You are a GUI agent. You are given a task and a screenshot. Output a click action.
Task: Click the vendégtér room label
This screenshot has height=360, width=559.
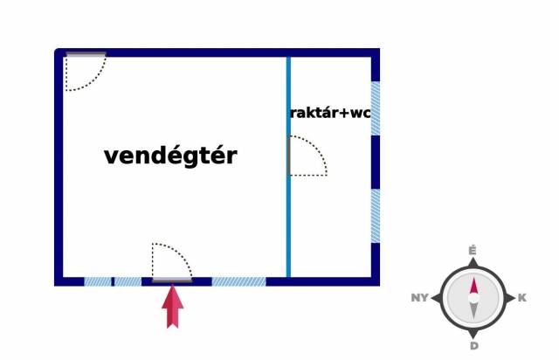click(x=170, y=156)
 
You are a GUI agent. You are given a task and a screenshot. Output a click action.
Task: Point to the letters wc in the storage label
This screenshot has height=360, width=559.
click(x=361, y=113)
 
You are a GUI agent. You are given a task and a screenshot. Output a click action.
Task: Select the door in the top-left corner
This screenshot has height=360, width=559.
click(x=85, y=70)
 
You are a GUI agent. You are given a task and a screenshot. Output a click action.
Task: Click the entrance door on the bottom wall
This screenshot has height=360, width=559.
click(x=171, y=263)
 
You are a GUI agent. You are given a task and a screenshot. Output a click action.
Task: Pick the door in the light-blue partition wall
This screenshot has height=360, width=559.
click(x=307, y=156)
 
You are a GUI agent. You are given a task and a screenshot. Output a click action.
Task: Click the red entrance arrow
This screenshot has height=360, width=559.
click(x=174, y=305)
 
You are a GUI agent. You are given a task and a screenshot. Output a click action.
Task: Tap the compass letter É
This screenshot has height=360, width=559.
click(x=473, y=251)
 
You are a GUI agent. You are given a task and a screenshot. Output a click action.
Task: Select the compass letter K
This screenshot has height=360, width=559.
click(x=522, y=298)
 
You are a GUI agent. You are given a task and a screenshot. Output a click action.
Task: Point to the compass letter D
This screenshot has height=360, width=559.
click(x=473, y=346)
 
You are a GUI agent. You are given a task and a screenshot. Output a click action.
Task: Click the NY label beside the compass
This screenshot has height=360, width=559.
click(x=419, y=298)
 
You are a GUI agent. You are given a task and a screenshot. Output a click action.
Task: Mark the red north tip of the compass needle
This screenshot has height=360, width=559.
click(x=473, y=286)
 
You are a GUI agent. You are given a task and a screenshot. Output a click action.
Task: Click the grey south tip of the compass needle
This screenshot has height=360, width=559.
click(x=473, y=311)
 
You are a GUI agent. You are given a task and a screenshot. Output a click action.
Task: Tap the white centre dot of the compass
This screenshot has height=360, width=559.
click(x=473, y=298)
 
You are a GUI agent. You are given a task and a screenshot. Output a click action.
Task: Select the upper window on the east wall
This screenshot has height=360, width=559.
click(x=376, y=108)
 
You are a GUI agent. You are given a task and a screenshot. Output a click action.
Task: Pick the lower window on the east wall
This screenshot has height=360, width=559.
click(x=376, y=216)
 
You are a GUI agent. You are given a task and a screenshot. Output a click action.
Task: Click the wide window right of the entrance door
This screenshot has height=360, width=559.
click(x=238, y=281)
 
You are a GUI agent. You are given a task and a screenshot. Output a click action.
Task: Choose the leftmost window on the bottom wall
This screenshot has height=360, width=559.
click(x=98, y=281)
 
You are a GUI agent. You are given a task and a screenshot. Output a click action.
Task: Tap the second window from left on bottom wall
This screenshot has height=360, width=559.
click(x=128, y=281)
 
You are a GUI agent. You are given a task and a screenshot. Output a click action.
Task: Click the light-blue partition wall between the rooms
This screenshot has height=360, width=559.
click(x=288, y=218)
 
